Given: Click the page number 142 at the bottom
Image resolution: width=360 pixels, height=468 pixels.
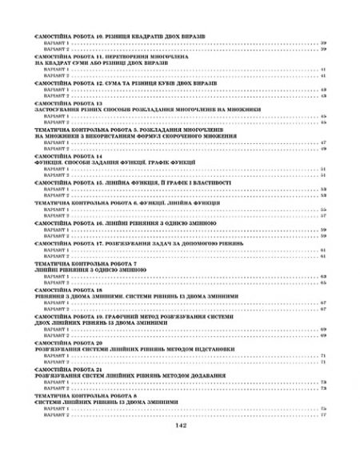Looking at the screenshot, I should pos(179,447).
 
